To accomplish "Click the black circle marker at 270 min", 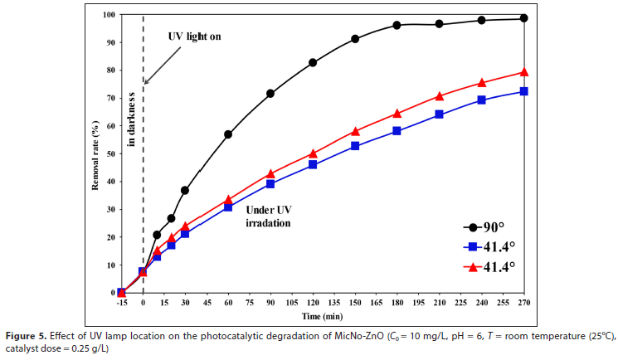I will pos(523,18).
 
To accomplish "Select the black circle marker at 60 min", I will pos(228,134).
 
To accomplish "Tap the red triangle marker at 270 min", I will pos(523,72).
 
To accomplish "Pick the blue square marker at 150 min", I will pos(355,146).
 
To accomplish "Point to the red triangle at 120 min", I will pos(313,153).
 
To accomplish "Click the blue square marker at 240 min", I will pos(482,100).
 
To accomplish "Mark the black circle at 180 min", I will pos(397,26).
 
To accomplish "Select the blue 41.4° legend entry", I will pos(489,246).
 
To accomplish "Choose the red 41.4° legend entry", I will pos(489,266).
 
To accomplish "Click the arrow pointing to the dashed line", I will pos(163,65).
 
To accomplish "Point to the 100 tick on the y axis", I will pos(109,15).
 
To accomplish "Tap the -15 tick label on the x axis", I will pos(122,303).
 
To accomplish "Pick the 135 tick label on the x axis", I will pos(333,303).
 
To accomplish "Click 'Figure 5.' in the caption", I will pos(26,336).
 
